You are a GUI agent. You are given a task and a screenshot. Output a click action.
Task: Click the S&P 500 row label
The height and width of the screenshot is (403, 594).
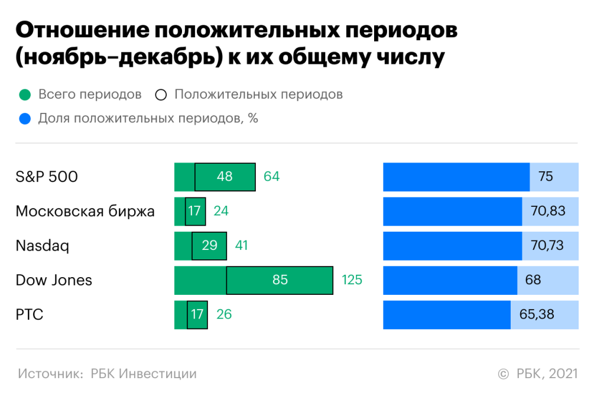[x=47, y=177]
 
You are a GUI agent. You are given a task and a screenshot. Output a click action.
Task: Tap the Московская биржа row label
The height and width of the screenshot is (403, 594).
[x=85, y=211]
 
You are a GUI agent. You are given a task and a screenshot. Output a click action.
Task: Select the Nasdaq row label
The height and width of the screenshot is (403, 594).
[x=42, y=245]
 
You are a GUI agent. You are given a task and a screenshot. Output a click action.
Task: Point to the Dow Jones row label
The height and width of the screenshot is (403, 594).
[x=54, y=279]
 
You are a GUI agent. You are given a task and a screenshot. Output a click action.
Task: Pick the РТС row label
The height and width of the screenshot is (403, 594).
[x=30, y=314]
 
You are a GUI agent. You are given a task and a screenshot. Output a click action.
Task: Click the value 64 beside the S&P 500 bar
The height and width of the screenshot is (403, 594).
[x=271, y=177]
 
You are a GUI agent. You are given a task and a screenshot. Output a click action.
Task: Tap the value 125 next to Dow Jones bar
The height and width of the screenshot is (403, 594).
[x=352, y=280]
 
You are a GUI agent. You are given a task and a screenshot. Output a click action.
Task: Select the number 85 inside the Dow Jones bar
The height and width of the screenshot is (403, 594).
[x=280, y=280]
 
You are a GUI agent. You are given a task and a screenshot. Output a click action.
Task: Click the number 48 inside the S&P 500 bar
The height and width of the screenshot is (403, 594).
[x=225, y=177]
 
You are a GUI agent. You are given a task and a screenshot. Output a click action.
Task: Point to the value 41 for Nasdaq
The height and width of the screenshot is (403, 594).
[x=241, y=245]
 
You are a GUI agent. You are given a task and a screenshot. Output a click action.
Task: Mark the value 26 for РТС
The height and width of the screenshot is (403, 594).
[x=224, y=314]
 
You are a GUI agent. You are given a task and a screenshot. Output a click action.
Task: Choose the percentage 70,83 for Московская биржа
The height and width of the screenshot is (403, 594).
[x=548, y=211]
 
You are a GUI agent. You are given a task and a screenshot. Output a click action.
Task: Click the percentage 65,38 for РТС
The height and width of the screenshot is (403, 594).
[x=537, y=314]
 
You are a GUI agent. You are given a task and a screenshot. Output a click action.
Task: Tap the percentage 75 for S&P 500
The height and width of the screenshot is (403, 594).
[x=546, y=177]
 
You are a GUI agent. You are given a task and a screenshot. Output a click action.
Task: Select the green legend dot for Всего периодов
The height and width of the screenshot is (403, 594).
[x=24, y=95]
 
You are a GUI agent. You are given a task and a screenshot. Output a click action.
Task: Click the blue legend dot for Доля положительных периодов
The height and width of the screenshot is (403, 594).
[x=24, y=119]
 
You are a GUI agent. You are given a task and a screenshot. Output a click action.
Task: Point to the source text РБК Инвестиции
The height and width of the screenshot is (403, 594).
[x=144, y=374]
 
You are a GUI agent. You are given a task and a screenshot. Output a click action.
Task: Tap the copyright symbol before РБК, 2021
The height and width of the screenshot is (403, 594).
[x=503, y=374]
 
